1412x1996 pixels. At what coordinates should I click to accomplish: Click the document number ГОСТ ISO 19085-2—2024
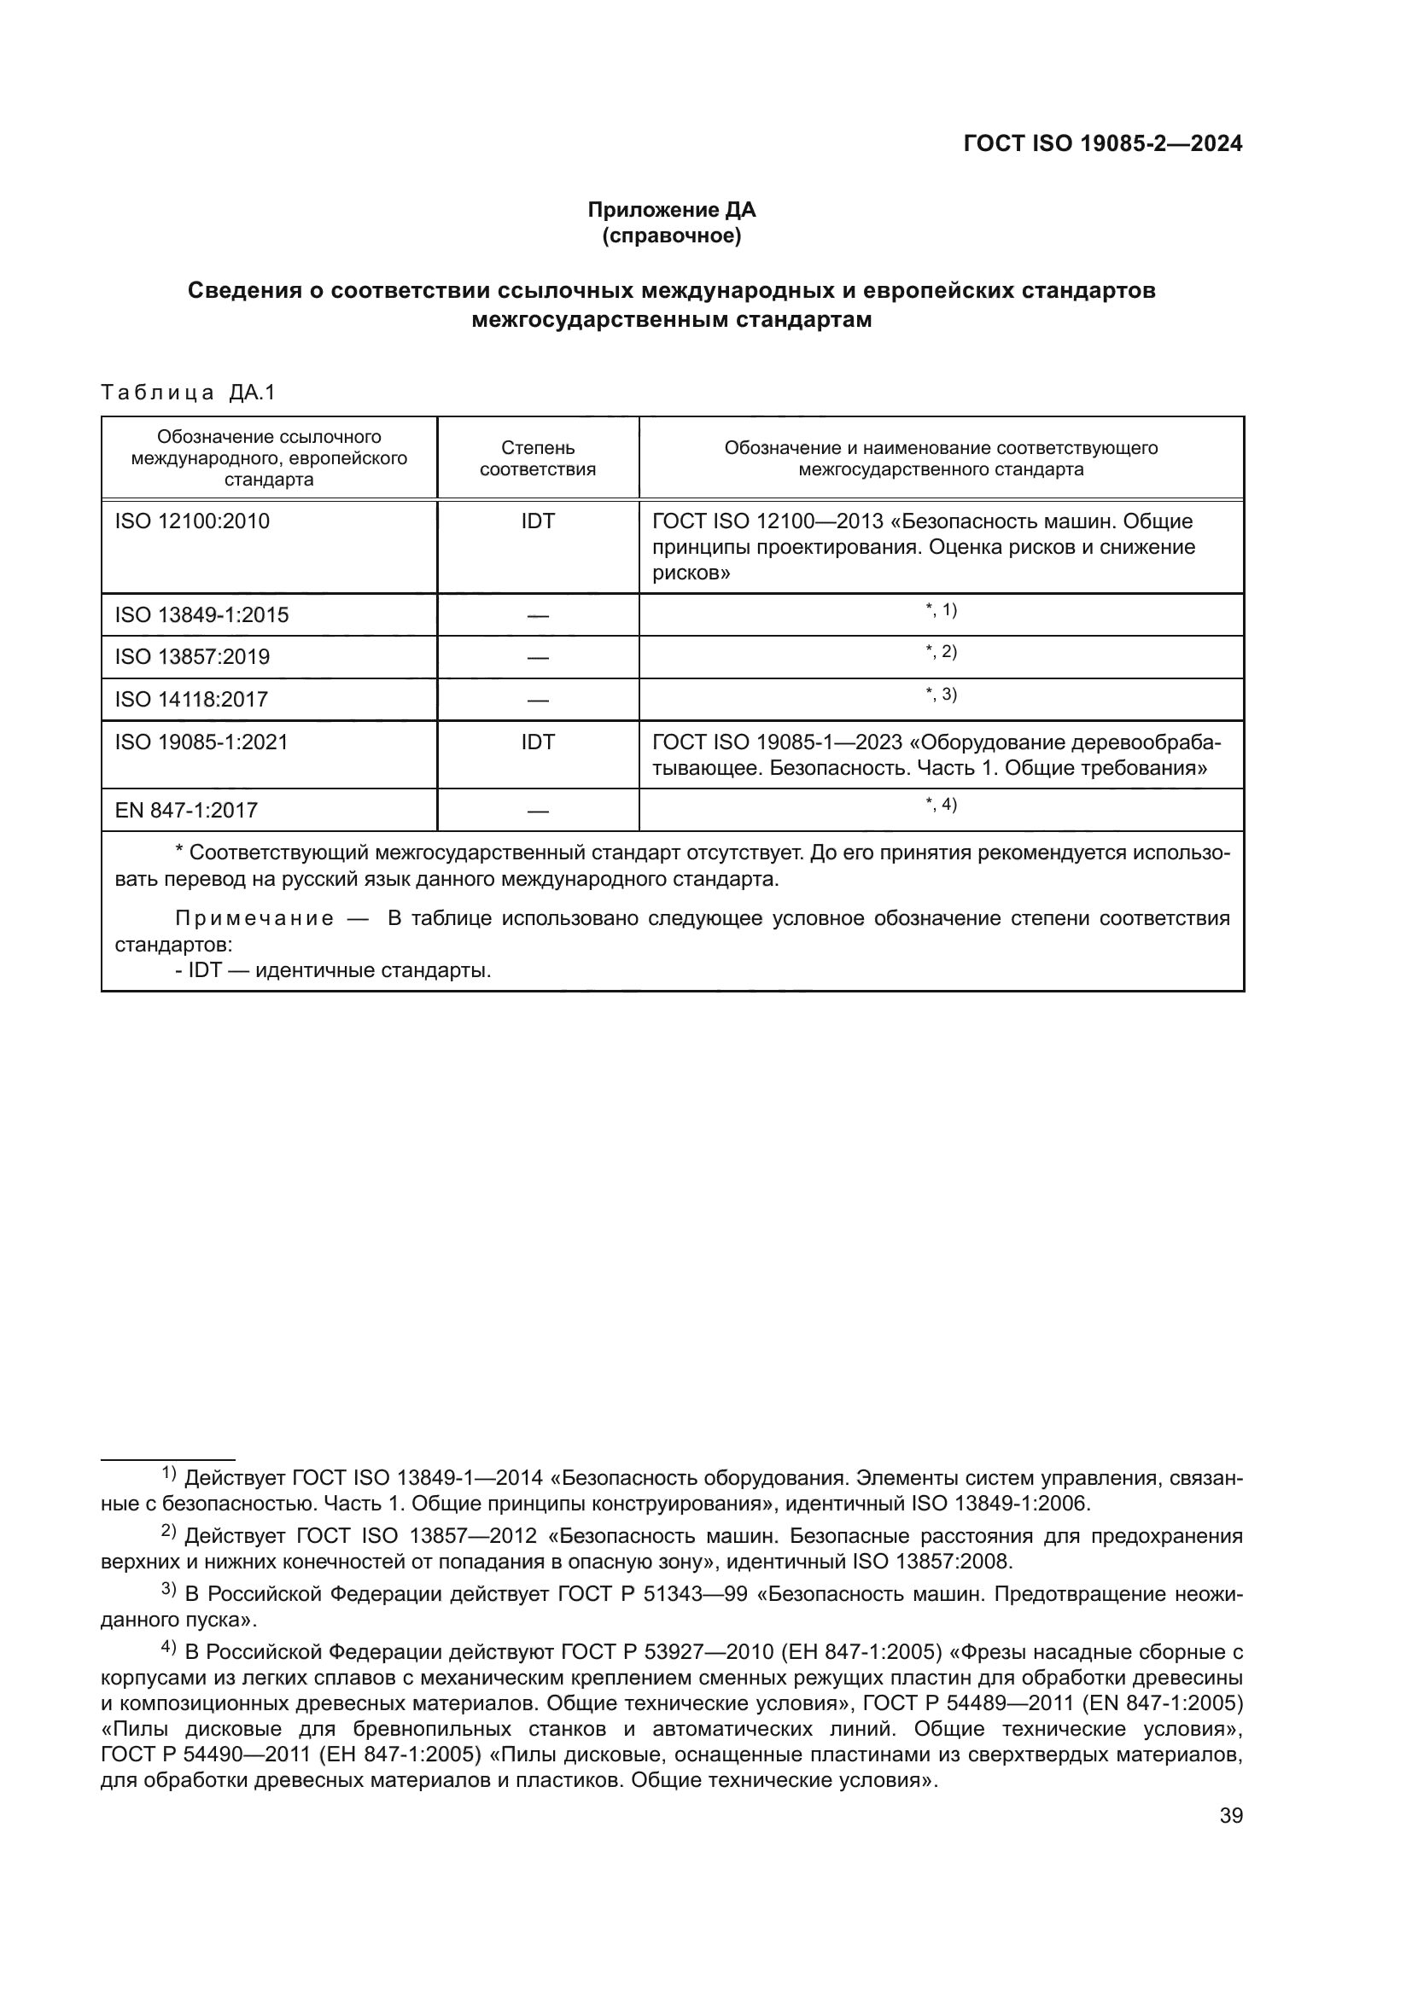[x=1102, y=144]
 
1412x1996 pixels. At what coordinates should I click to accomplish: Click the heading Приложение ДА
[x=671, y=210]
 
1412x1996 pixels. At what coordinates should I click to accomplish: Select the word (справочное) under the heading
[x=671, y=236]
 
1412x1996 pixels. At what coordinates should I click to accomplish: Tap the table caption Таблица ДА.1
[x=188, y=393]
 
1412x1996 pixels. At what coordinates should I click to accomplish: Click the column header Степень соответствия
[x=537, y=459]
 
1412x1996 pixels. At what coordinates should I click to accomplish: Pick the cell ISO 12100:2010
[x=192, y=521]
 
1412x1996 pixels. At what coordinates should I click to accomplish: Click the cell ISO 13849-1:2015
[x=201, y=615]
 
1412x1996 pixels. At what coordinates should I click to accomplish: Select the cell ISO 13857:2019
[x=192, y=657]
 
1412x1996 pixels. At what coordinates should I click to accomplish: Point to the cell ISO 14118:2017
[x=191, y=700]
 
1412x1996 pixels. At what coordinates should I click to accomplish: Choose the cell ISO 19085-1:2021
[x=201, y=742]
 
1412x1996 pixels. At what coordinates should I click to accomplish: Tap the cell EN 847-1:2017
[x=186, y=811]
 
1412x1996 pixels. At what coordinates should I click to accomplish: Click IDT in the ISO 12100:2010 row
[x=537, y=521]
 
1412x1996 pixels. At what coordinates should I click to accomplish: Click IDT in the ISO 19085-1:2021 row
[x=537, y=742]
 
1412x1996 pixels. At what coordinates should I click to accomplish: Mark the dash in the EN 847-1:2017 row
[x=537, y=812]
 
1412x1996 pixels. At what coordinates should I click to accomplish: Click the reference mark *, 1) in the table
[x=941, y=610]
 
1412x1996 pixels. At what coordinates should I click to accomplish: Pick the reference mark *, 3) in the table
[x=941, y=695]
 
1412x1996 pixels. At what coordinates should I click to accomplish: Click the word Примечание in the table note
[x=254, y=920]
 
